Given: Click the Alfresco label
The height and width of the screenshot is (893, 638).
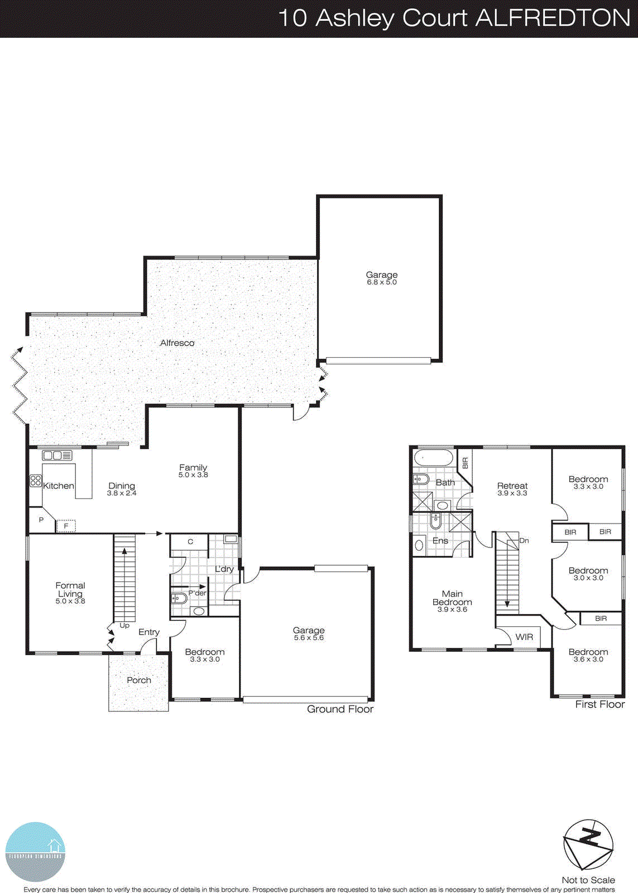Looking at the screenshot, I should pos(177,343).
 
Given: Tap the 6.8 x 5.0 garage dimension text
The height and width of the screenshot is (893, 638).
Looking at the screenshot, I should pos(382,282).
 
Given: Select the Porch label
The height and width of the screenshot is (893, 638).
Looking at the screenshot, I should pos(139,680).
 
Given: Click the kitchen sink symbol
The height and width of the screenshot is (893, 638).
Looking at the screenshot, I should pos(57,455).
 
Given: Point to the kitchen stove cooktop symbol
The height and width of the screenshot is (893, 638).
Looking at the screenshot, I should pos(36,481).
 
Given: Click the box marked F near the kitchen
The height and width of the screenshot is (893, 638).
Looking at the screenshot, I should pos(66,526).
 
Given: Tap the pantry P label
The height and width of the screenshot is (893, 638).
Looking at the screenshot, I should pos(41,520).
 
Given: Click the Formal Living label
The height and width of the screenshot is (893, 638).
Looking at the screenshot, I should pos(70,589).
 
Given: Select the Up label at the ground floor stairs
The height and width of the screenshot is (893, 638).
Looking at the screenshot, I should pos(124,626).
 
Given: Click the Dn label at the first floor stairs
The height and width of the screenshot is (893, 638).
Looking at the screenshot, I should pos(524,540).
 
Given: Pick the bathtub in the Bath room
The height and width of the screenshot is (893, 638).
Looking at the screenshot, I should pos(433,459).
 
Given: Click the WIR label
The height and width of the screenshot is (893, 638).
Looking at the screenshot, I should pos(524,637).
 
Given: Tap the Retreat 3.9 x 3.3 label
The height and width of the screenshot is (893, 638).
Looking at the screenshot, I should pos(512,489).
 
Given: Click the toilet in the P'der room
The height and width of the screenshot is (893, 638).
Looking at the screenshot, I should pos(179,598).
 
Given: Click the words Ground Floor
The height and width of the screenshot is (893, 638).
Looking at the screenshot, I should pos(340,709).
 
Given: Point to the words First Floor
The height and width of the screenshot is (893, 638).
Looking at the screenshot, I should pos(600,704).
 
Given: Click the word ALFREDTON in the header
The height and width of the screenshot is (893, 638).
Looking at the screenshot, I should pos(553,18).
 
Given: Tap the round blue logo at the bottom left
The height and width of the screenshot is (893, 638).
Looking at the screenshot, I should pos(35,852).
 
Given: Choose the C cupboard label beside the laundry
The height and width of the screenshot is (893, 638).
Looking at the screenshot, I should pos(190,541).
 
